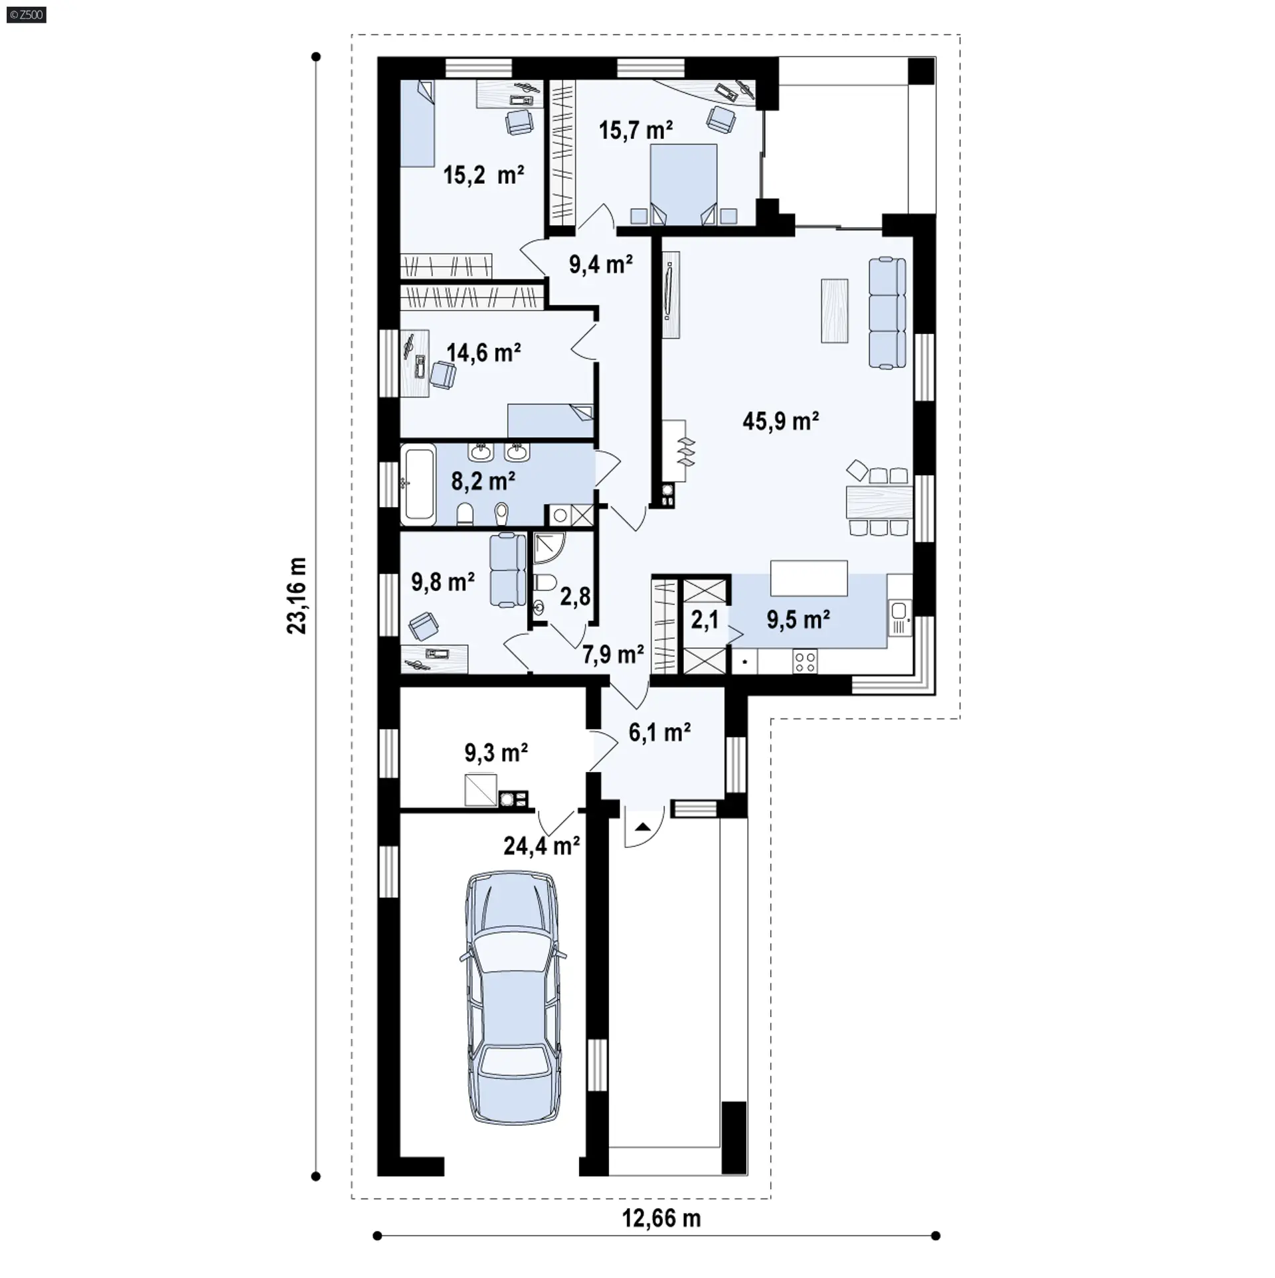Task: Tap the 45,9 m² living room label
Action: (x=780, y=421)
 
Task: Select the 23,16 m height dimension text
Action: (x=297, y=596)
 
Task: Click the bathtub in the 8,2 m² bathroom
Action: (x=418, y=484)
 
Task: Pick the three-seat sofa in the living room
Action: (x=887, y=312)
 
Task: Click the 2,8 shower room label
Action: (x=575, y=596)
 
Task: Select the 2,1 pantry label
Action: (x=705, y=619)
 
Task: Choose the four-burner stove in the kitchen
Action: (x=806, y=661)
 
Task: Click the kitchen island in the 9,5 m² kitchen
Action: (x=809, y=578)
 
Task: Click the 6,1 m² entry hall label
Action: (x=659, y=732)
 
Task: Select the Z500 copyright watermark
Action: (x=27, y=14)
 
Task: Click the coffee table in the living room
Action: (x=835, y=311)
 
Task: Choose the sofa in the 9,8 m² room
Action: (x=507, y=570)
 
